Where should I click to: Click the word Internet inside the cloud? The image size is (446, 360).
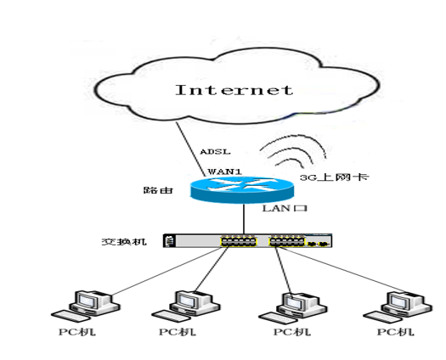coord(234,90)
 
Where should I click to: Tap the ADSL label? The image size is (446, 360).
coord(215,152)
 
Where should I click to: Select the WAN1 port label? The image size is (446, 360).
coord(225,172)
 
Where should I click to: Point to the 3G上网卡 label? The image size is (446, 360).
coord(335,177)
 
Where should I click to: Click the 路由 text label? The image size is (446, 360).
coord(158,190)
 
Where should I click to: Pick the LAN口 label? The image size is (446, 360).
coord(285,208)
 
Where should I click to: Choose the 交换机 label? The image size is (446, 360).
coord(124,242)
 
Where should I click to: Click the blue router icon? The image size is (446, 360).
coord(242,189)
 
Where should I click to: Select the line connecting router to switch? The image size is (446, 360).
coord(244,219)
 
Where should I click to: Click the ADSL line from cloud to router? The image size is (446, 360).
coord(190,149)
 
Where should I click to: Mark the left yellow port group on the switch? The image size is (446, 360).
coord(239,242)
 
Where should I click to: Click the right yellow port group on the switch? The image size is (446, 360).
coord(287,242)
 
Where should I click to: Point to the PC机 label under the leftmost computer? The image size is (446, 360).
coord(77,332)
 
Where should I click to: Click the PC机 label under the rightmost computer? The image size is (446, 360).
coord(396,332)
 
